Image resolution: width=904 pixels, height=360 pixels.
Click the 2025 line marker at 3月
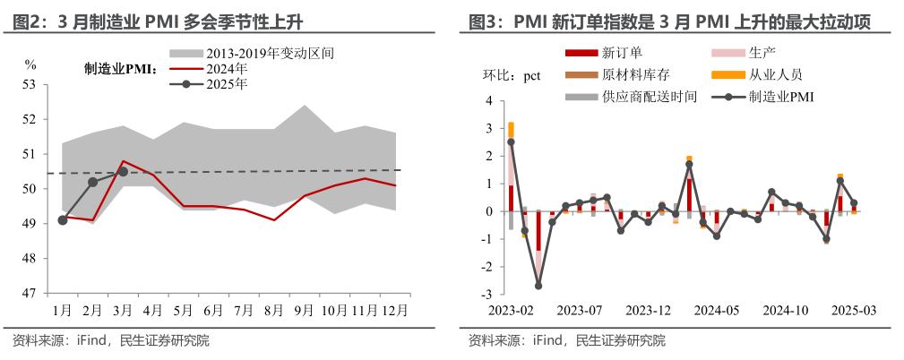(x=123, y=172)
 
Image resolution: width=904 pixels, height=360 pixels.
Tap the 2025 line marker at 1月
(x=62, y=220)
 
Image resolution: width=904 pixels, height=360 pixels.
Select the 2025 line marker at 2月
(x=92, y=182)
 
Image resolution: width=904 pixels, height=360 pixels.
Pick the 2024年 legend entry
(x=228, y=69)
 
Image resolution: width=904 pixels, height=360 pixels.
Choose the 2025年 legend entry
(x=228, y=84)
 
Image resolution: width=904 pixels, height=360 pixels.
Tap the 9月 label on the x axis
(x=305, y=310)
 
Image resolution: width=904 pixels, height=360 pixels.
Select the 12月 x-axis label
(x=395, y=310)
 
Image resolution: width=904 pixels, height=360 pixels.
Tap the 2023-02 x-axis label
(x=511, y=310)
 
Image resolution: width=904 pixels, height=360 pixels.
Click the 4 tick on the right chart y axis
(x=489, y=101)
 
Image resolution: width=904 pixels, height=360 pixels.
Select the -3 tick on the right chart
(x=486, y=294)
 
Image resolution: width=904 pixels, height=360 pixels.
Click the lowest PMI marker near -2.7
(x=538, y=286)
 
